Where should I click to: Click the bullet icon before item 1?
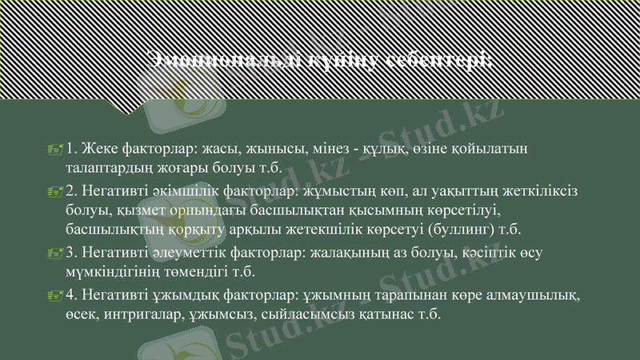54,149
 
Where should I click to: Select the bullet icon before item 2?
54,191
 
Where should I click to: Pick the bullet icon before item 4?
54,296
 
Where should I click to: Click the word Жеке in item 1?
97,149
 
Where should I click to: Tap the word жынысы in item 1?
277,149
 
